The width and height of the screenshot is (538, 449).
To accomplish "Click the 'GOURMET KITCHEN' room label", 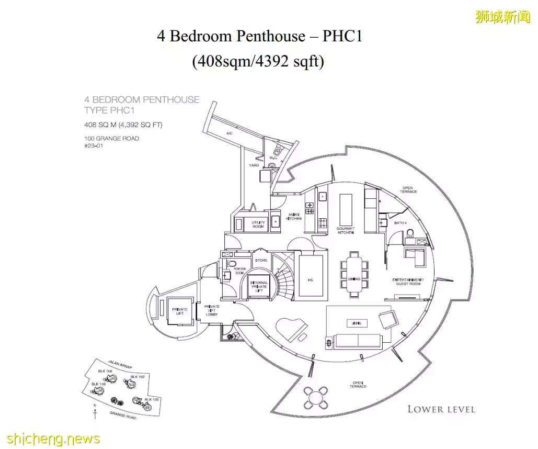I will click(346, 230).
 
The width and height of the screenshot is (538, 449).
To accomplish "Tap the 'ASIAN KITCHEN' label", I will click(294, 216).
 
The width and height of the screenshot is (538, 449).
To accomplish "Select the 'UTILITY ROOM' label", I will click(258, 224).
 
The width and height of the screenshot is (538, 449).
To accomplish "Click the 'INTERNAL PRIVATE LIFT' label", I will click(259, 286).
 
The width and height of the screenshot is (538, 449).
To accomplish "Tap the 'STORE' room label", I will click(261, 260).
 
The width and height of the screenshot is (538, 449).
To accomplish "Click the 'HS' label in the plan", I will click(310, 280).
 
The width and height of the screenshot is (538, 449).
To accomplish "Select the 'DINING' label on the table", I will click(354, 279).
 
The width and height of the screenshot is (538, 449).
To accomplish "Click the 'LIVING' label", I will click(357, 323).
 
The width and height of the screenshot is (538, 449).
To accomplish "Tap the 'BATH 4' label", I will click(387, 222).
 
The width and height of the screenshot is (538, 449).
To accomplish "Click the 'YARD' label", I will click(254, 165).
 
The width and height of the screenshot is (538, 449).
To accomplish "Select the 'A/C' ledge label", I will click(229, 133).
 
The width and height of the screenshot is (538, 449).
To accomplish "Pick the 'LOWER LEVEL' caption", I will click(441, 409).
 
